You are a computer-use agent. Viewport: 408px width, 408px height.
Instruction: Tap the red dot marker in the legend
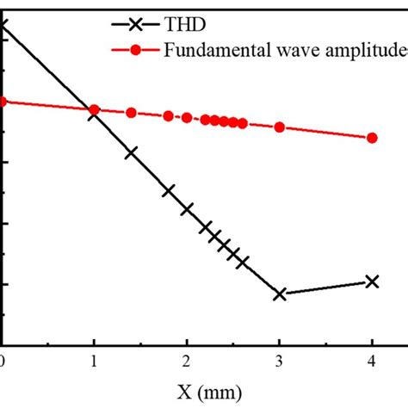coord(137,49)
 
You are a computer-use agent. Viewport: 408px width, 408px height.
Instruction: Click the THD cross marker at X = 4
coord(372,281)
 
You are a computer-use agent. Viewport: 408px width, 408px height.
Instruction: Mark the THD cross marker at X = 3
coord(279,294)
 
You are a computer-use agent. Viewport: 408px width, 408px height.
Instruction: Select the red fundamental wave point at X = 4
coord(372,138)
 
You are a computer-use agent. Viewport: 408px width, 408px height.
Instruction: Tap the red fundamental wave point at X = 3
coord(279,127)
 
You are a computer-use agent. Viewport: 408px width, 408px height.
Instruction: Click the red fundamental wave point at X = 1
coord(95,109)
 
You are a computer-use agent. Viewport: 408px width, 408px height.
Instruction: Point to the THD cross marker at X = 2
coord(187,208)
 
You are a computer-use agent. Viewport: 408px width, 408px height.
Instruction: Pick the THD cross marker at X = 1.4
coord(131,153)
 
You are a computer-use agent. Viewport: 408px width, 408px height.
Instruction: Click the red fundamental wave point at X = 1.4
coord(131,113)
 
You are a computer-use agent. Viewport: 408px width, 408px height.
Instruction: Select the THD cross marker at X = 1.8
coord(169,191)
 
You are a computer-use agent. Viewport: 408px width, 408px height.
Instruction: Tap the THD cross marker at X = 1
coord(95,114)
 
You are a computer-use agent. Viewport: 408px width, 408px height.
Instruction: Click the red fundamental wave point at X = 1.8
coord(169,115)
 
